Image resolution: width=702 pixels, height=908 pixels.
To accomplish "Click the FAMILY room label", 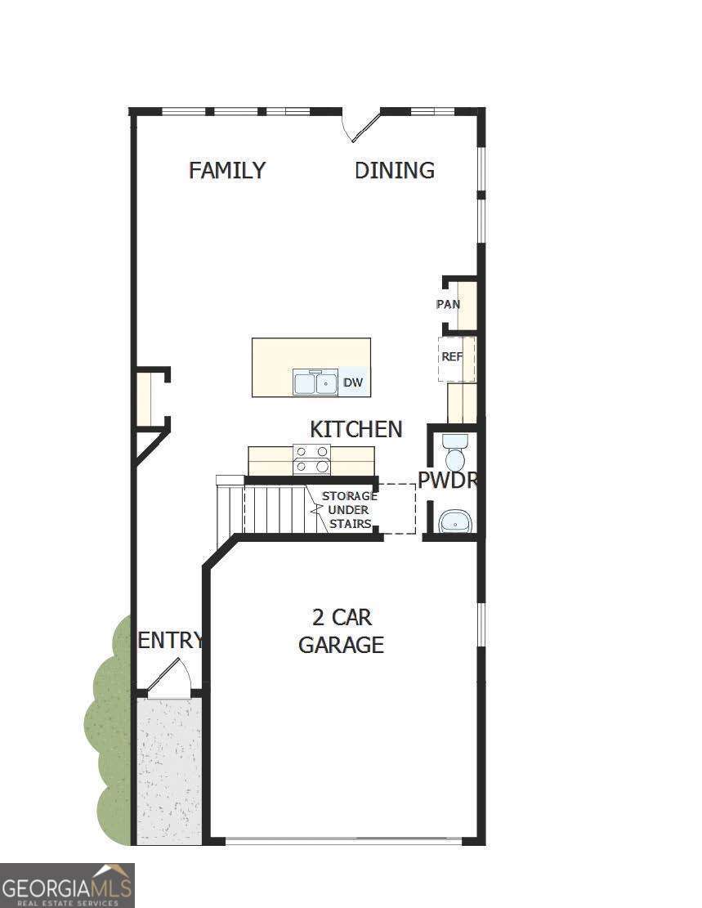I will [x=227, y=170].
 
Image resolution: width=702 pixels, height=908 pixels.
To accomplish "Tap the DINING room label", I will [x=394, y=170].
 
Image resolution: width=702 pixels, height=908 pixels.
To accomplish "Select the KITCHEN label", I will [x=355, y=429].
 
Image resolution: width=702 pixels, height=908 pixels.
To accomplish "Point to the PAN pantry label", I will [x=448, y=304].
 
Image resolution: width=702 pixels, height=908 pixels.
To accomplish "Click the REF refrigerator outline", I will [x=454, y=358].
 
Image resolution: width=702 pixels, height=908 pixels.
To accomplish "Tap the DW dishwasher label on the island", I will [x=352, y=382].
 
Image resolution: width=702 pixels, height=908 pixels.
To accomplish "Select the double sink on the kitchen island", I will [x=315, y=382].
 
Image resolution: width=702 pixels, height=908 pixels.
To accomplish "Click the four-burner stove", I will [x=311, y=459].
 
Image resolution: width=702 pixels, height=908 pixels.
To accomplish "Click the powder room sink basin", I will [x=455, y=521].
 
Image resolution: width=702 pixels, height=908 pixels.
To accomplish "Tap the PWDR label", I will [x=447, y=481].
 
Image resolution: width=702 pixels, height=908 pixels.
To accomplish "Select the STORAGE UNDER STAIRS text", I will [x=349, y=510].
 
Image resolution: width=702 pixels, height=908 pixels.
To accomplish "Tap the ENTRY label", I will [x=170, y=641].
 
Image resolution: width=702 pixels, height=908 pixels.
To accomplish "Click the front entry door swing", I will [x=173, y=677].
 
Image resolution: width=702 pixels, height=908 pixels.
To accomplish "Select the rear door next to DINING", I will [x=362, y=127].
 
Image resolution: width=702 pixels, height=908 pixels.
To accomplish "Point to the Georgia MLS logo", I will [x=67, y=885].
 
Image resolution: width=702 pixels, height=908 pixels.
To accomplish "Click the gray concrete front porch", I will [x=168, y=768].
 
